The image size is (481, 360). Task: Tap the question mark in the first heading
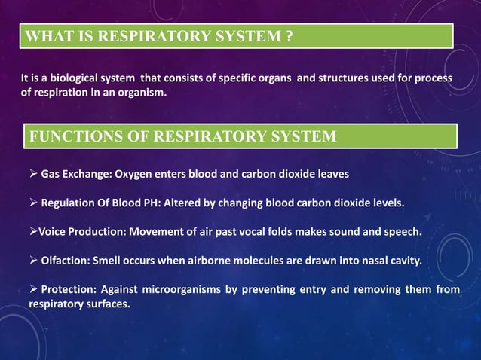pos(289,35)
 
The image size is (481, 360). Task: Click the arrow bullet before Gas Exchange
pos(33,174)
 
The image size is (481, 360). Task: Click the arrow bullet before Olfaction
pos(33,261)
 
